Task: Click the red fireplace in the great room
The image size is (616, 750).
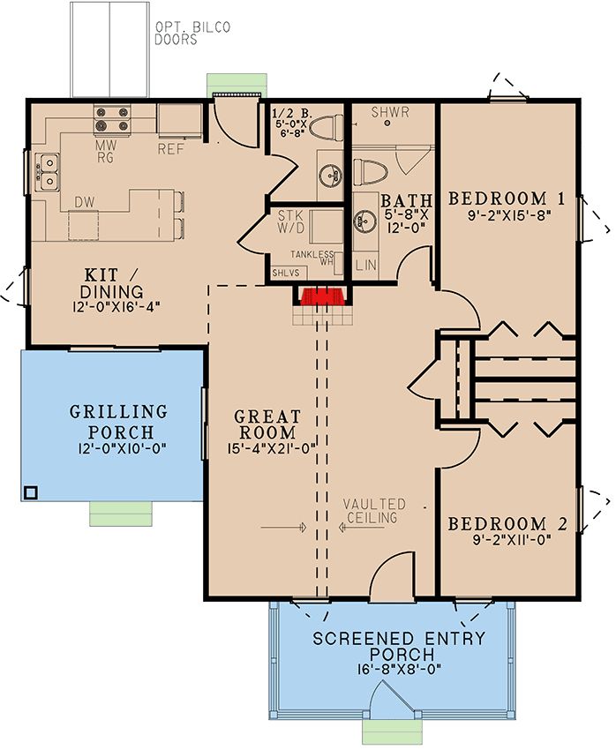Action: pos(323,296)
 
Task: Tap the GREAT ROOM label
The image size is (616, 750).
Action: pos(267,424)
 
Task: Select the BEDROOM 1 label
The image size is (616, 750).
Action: pos(507,199)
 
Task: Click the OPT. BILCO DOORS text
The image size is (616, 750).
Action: pos(192,33)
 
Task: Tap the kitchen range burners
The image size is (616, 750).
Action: pos(112,118)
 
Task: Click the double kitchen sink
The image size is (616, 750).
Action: pos(49,172)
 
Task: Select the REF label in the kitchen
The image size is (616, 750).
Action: pos(170,149)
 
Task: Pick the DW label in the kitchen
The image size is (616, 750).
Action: pos(84,202)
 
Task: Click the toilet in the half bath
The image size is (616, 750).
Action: pos(327,128)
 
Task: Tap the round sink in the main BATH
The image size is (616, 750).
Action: pos(361,221)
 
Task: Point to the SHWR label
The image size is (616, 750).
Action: pos(390,112)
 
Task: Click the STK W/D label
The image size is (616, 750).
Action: pos(290,221)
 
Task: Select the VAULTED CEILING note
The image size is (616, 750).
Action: pos(373,510)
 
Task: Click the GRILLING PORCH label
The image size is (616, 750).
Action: pos(119,422)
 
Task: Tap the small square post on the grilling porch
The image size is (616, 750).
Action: pos(31,492)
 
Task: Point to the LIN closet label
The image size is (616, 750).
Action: pos(366,265)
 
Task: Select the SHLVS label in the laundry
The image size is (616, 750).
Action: pos(286,274)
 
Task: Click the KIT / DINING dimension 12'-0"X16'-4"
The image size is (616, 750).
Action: pos(116,306)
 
